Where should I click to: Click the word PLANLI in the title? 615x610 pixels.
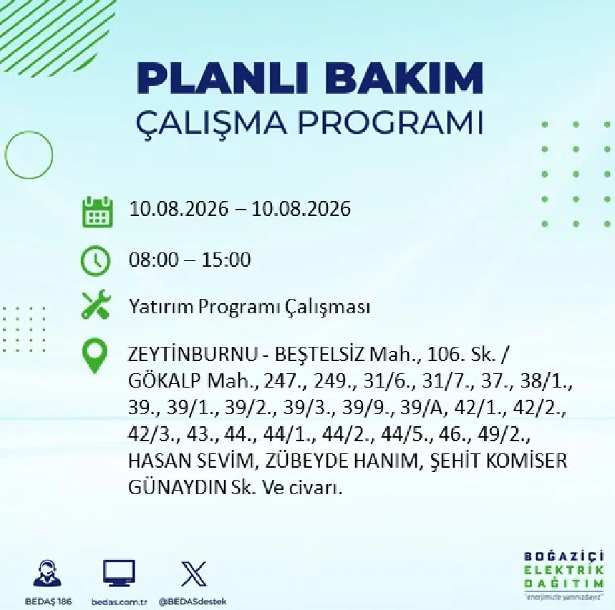coord(222,77)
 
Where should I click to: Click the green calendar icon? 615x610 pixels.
coord(97,212)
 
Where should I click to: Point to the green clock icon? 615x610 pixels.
coord(96,260)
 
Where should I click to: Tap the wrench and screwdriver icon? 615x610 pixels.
coord(96,305)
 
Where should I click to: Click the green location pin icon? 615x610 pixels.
coord(95,355)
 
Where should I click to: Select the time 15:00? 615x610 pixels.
coord(226,260)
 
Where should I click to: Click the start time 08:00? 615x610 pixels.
coord(153,260)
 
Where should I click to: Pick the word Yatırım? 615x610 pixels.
coord(160,308)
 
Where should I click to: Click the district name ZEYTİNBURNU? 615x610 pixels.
coord(192,355)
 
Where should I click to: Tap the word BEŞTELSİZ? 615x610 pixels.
coord(320,355)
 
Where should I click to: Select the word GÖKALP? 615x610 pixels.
coord(165,381)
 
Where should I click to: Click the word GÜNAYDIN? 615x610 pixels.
coord(177,488)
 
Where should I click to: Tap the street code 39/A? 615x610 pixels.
coord(421,408)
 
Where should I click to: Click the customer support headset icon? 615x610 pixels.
coord(47,574)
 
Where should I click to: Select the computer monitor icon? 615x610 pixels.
coord(119,574)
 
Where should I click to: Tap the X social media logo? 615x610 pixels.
coord(194,574)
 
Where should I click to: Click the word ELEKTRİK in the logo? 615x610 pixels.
coord(563,570)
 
